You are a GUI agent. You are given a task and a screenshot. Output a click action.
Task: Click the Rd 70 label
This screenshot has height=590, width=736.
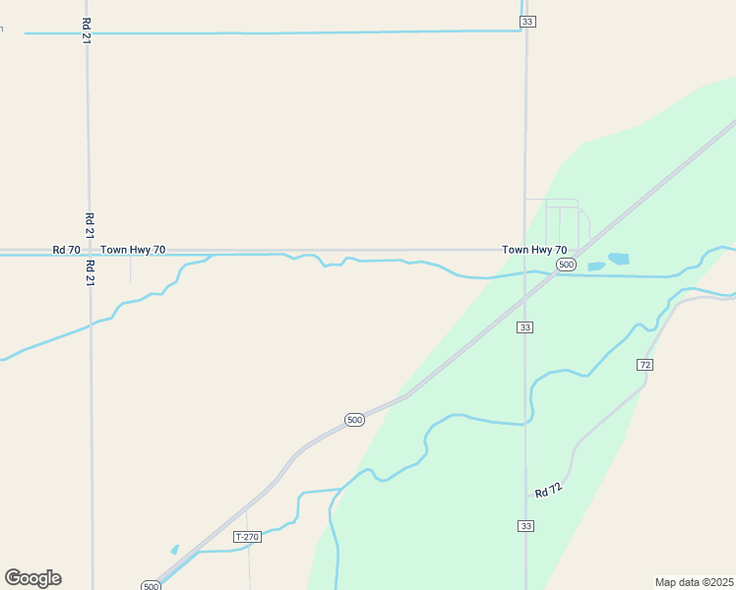pos(67,251)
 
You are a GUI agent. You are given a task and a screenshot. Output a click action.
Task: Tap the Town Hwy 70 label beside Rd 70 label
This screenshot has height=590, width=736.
pos(133,251)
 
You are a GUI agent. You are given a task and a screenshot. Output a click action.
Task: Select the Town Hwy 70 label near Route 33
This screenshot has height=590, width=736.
pos(534,251)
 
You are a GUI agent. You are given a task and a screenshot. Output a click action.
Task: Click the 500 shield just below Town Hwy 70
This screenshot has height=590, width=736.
pos(566,265)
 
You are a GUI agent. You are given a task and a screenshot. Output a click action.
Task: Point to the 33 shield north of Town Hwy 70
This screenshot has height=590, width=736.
pos(527,22)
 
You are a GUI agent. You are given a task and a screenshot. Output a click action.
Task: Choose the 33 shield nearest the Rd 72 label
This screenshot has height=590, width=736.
pos(526,527)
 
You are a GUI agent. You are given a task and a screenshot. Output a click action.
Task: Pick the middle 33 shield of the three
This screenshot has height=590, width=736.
pos(526,327)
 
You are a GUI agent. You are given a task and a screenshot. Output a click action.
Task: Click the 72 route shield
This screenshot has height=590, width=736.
pos(644,365)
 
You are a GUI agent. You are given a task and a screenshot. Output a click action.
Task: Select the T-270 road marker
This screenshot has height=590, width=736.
pos(247,537)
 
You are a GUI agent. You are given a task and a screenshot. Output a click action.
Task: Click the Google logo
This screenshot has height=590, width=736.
pos(32,578)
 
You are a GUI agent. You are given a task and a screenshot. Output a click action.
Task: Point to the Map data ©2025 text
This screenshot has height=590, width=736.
pos(695,582)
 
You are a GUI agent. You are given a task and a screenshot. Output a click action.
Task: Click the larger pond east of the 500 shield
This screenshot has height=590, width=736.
pos(619,259)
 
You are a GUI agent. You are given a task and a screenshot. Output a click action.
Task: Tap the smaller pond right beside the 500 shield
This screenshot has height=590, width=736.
pos(595,266)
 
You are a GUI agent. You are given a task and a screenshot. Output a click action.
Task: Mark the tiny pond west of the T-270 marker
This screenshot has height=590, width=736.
pos(175,550)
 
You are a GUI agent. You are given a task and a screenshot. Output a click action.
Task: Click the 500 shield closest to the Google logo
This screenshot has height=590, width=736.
pos(151,586)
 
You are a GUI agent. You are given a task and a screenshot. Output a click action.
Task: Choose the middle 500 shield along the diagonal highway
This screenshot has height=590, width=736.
pos(355,420)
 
